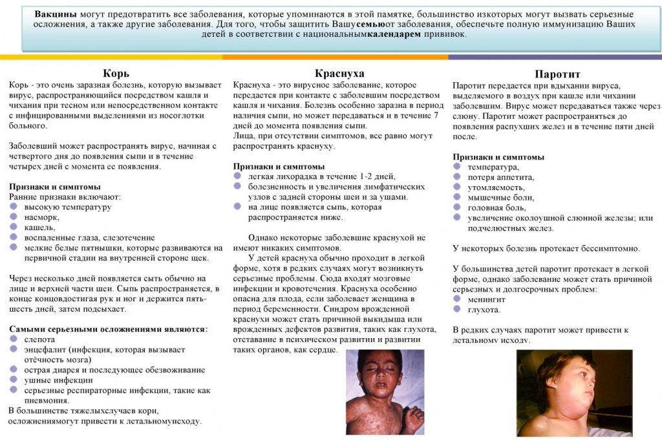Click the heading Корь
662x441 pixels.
(x=116, y=73)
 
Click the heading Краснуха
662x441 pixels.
(x=339, y=73)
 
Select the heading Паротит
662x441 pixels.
(x=557, y=74)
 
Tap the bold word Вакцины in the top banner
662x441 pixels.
(x=56, y=14)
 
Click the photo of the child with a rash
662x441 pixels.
(x=385, y=392)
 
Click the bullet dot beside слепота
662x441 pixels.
(x=14, y=339)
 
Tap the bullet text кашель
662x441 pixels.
(x=40, y=228)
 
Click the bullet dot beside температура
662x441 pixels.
(x=456, y=167)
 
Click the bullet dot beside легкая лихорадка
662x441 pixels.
(x=238, y=177)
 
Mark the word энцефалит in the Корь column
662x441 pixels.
(x=46, y=349)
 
